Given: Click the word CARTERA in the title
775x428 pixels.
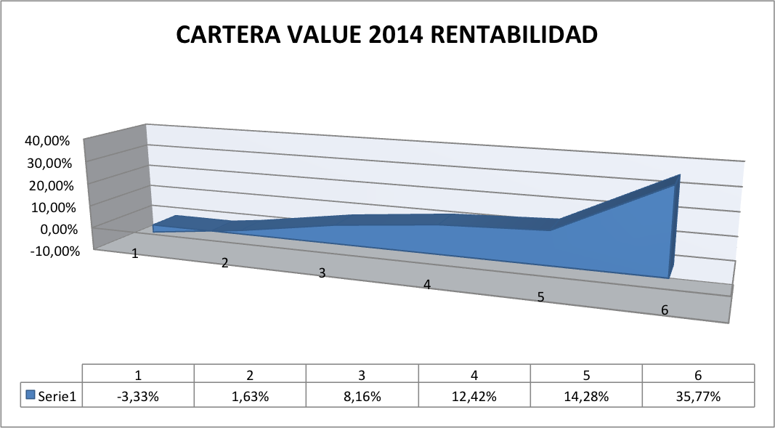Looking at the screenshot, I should point(227,36).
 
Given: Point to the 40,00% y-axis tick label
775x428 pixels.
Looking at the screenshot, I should point(52,141).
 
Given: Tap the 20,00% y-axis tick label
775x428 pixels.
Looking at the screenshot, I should point(52,185).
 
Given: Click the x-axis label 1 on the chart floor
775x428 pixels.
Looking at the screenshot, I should point(134,254).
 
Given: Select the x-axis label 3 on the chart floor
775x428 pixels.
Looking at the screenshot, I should point(322,273).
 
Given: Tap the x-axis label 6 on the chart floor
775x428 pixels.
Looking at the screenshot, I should point(665,310).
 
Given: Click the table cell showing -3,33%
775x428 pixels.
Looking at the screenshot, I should point(138,397).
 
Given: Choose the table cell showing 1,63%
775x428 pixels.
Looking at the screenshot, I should point(250,397).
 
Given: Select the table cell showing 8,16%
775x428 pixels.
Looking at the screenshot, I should point(362,397).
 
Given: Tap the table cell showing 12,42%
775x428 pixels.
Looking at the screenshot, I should point(474,397).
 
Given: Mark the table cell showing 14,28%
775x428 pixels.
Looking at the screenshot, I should point(585,397).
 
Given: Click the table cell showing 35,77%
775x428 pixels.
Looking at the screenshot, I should point(697,397).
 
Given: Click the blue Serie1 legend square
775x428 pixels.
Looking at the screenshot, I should point(31,396).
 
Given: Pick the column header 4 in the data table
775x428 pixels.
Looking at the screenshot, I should point(474,376).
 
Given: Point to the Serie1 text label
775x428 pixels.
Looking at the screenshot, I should point(57,397).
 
